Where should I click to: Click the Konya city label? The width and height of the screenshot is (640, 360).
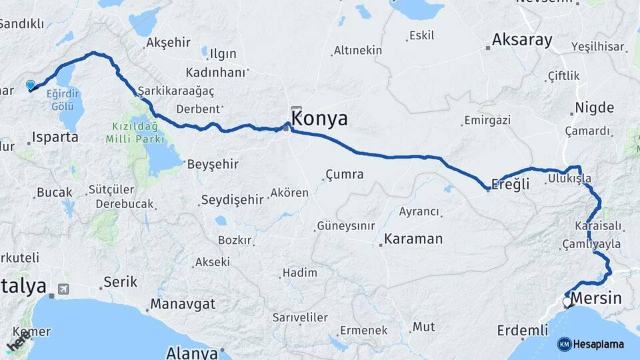point(320,119)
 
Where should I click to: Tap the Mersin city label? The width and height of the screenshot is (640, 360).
point(595,299)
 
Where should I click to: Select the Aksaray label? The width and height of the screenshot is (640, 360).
point(522,40)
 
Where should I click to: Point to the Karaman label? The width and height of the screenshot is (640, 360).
point(413,239)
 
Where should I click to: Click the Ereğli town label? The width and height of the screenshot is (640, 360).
point(510,185)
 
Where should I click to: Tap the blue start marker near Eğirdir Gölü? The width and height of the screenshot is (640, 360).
point(30,85)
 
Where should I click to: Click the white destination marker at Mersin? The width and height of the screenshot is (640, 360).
point(567,302)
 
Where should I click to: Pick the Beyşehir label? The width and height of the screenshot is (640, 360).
point(213,164)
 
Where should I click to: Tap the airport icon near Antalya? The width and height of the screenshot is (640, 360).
point(63,289)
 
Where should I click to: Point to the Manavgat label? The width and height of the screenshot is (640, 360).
point(182,304)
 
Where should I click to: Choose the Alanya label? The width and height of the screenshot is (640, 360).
point(192,352)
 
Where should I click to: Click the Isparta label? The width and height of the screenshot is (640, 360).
point(55,137)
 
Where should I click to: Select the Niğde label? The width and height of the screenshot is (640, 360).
point(594,107)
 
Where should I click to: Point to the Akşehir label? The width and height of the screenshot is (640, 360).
point(168,43)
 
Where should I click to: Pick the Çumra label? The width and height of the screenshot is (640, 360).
point(344,175)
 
